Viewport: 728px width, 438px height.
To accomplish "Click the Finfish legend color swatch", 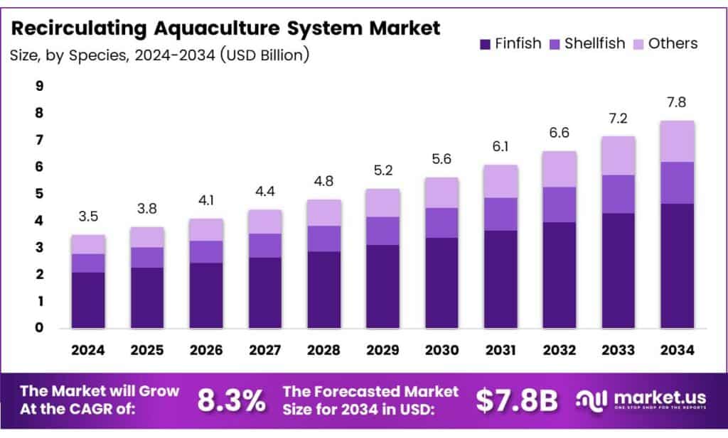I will (486, 44).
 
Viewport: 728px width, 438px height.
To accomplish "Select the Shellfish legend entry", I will (587, 44).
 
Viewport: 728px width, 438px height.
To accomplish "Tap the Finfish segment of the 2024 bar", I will (88, 300).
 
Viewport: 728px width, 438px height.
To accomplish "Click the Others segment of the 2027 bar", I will (265, 221).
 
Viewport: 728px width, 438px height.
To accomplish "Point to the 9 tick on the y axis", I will (40, 87).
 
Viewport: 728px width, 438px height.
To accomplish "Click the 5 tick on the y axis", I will (40, 194).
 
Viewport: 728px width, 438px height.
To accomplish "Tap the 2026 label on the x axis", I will (206, 350).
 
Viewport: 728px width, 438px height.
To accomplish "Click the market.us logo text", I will (651, 396).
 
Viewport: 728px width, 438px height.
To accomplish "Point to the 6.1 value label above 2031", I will (500, 148).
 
